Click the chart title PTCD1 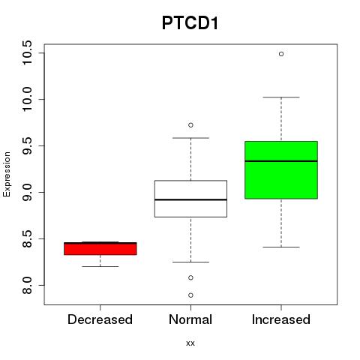click(x=190, y=23)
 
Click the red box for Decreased click(x=100, y=248)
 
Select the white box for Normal click(x=190, y=199)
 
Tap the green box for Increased click(x=281, y=170)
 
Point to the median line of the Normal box click(x=190, y=199)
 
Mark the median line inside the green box click(x=281, y=161)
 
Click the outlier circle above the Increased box click(x=281, y=54)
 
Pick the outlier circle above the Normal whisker click(x=190, y=125)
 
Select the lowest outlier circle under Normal click(x=190, y=295)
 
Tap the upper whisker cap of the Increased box click(x=281, y=97)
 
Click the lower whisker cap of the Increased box click(x=281, y=247)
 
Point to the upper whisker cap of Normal click(x=190, y=138)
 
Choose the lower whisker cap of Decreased click(x=100, y=266)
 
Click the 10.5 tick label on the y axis click(x=27, y=53)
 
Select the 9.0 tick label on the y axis click(x=27, y=192)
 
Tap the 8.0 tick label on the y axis click(x=27, y=285)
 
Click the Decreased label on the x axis click(x=100, y=319)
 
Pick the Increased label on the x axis click(x=281, y=319)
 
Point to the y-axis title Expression click(x=7, y=174)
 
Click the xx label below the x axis click(x=190, y=343)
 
